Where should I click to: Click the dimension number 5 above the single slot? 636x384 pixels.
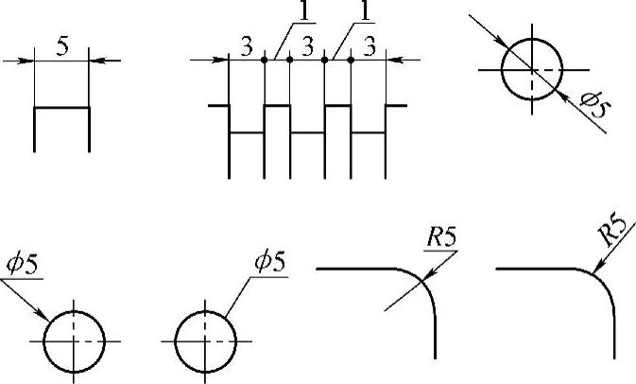pos(61,47)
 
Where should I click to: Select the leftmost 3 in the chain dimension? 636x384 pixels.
pos(247,45)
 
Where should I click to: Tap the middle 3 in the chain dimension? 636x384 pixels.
pos(307,45)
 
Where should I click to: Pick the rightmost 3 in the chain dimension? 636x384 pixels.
pos(370,45)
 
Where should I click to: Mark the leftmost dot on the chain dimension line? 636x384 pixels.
pos(265,60)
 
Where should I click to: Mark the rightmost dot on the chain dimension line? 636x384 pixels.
pos(351,60)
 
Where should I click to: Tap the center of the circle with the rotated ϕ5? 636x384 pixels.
pos(532,70)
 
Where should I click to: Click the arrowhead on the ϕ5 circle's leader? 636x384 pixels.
pos(43,315)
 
